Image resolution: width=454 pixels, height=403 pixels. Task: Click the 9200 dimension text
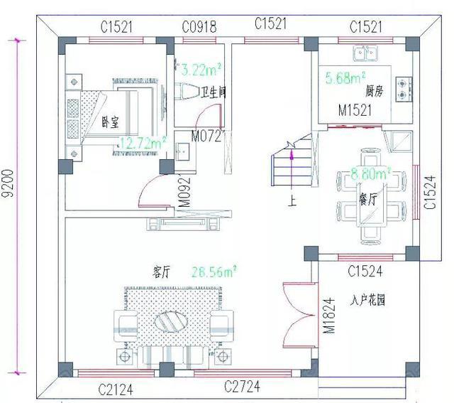(x=8, y=192)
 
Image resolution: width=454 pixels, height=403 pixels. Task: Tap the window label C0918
(x=199, y=27)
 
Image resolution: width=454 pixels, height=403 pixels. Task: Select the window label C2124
(x=116, y=389)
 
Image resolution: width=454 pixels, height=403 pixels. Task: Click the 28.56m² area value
(x=214, y=271)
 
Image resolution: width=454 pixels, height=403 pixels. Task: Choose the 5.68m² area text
(x=345, y=77)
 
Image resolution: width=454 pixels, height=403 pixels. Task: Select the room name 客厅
(x=162, y=272)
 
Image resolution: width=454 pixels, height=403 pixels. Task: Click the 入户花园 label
(x=367, y=300)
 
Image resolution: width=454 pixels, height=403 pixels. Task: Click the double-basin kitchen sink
(x=367, y=52)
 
